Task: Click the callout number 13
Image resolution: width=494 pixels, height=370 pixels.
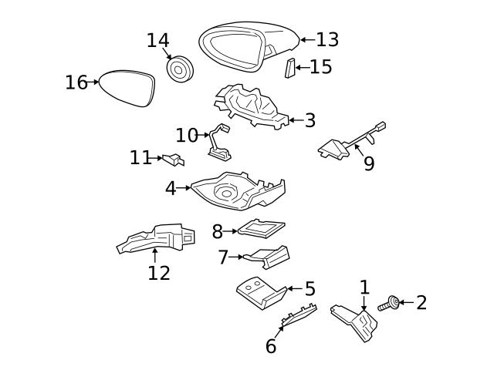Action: tap(327, 39)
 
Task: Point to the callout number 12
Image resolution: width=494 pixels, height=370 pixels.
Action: tap(158, 272)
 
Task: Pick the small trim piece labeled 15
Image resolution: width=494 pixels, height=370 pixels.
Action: tap(289, 68)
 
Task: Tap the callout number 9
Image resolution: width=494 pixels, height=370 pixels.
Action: tap(369, 164)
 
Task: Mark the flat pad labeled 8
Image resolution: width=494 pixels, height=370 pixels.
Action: tap(261, 227)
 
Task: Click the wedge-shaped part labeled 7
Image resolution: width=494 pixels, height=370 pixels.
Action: tap(267, 256)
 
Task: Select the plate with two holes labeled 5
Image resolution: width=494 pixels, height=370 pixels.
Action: tap(259, 292)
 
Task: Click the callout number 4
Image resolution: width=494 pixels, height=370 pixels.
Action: tap(171, 188)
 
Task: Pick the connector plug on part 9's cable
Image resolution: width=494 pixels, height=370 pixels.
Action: tap(379, 127)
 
